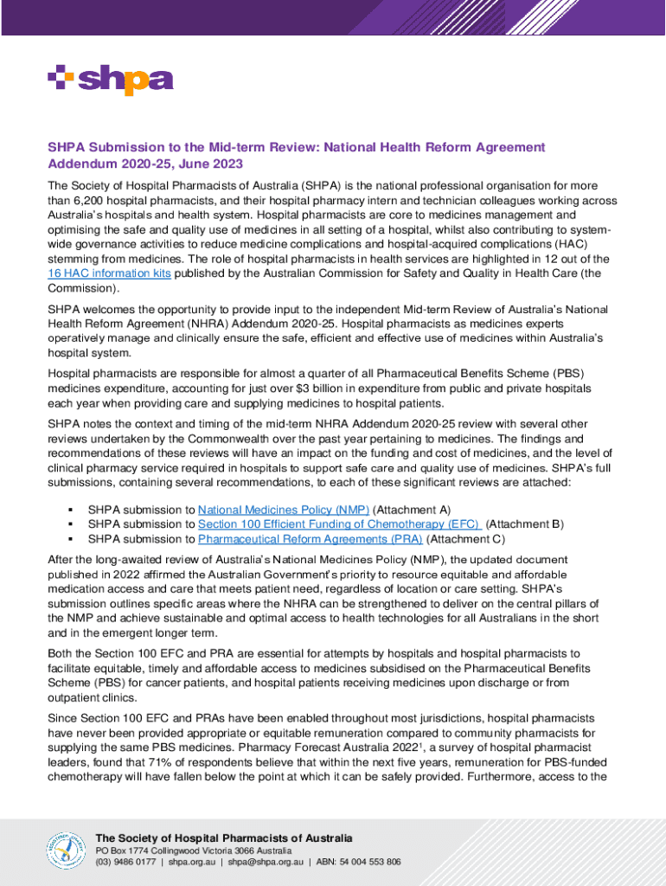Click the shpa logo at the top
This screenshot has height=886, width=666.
(111, 80)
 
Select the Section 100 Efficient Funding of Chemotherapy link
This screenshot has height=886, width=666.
(339, 524)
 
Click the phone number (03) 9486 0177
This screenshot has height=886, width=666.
(126, 863)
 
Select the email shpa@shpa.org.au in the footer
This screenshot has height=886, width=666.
(266, 863)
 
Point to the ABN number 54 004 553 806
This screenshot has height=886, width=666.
(370, 863)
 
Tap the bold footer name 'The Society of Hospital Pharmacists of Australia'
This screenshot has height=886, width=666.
(224, 838)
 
